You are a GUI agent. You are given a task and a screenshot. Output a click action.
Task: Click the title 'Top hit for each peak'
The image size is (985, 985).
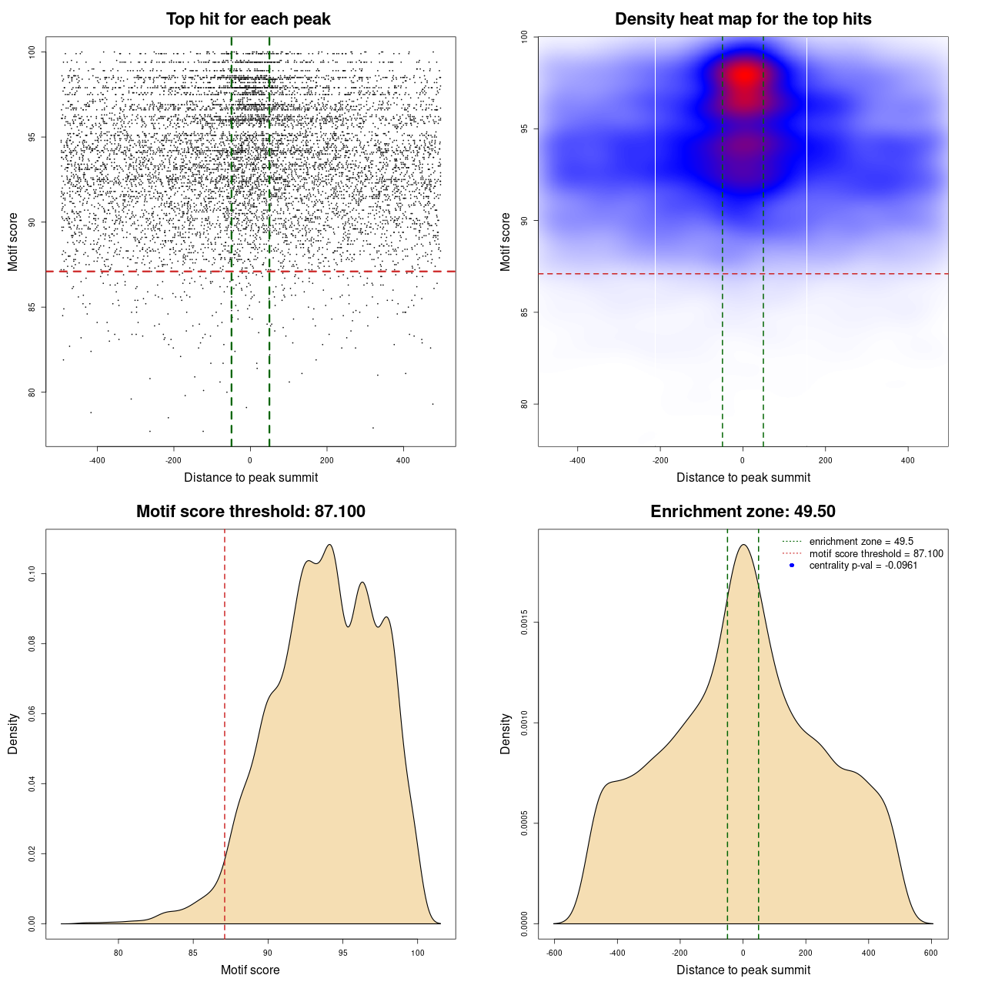pyautogui.click(x=248, y=19)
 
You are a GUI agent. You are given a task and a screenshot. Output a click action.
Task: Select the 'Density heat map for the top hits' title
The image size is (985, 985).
pyautogui.click(x=743, y=19)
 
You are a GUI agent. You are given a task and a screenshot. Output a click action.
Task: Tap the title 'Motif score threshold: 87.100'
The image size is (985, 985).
pyautogui.click(x=250, y=512)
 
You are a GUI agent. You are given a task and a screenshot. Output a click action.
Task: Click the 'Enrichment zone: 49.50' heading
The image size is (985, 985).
pyautogui.click(x=743, y=512)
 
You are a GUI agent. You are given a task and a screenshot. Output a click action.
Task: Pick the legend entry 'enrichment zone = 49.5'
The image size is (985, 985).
pyautogui.click(x=861, y=542)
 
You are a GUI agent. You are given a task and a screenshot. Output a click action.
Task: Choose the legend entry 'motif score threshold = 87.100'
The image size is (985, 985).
pyautogui.click(x=876, y=553)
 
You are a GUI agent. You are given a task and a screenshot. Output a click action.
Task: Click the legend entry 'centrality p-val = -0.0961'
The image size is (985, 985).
pyautogui.click(x=863, y=566)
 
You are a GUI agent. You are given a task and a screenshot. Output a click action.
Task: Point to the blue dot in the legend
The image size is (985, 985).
pyautogui.click(x=791, y=566)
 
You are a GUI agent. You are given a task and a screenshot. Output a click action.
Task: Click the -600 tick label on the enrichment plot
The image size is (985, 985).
pyautogui.click(x=554, y=953)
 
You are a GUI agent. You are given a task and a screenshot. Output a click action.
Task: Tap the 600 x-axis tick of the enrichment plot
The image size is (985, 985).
pyautogui.click(x=931, y=953)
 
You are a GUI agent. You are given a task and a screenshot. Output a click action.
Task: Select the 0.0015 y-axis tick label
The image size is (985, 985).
pyautogui.click(x=524, y=622)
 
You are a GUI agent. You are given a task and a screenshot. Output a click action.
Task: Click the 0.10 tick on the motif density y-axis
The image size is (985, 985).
pyautogui.click(x=32, y=573)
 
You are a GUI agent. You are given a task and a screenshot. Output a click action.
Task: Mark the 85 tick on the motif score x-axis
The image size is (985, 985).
pyautogui.click(x=193, y=953)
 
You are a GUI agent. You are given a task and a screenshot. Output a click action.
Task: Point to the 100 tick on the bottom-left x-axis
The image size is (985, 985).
pyautogui.click(x=417, y=953)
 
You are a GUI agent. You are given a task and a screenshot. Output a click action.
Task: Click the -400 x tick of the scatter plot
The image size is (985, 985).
pyautogui.click(x=97, y=461)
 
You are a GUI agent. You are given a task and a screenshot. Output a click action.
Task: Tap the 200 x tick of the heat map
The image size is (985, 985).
pyautogui.click(x=825, y=461)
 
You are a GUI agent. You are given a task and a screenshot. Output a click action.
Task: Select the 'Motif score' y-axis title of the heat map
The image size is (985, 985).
pyautogui.click(x=506, y=242)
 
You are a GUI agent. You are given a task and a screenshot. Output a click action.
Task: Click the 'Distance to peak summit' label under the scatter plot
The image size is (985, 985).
pyautogui.click(x=251, y=478)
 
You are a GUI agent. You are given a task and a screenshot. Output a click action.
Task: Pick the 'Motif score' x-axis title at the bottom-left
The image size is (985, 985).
pyautogui.click(x=250, y=970)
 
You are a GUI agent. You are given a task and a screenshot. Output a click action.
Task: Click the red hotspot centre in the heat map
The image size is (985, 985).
pyautogui.click(x=744, y=77)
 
